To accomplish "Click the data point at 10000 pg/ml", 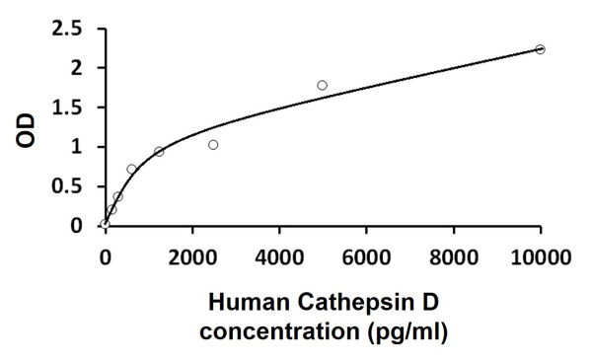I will [x=540, y=49].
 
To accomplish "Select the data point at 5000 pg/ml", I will [x=323, y=86].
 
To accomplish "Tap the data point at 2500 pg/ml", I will [x=213, y=145].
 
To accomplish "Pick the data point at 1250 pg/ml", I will [x=159, y=152].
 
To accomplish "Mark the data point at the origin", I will [x=106, y=225].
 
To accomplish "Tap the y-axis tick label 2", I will [x=75, y=68].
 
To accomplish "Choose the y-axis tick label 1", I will [x=75, y=147].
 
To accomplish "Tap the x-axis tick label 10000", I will [x=540, y=258].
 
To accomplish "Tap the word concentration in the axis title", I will [x=272, y=331].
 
